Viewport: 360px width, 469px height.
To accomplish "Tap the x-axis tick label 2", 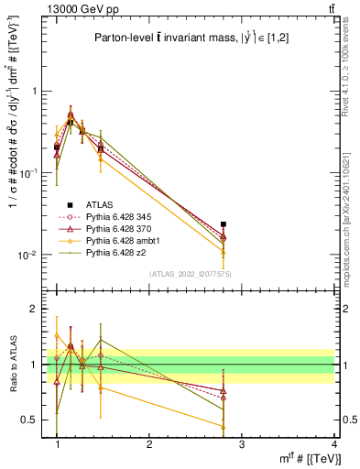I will point(149,443).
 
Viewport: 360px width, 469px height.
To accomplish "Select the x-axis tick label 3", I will point(242,443).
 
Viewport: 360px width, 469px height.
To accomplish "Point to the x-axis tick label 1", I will point(57,443).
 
